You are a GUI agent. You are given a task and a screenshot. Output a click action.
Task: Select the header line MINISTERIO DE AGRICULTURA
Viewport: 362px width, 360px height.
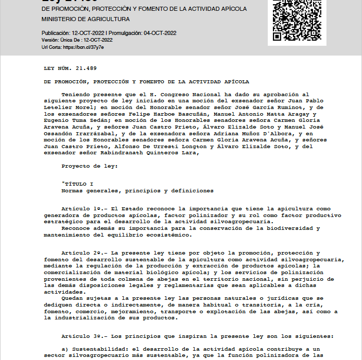[85, 19]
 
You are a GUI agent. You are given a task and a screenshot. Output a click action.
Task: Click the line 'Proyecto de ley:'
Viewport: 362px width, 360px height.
[89, 166]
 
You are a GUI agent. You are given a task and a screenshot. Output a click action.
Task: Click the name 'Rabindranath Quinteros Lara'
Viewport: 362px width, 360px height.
[153, 152]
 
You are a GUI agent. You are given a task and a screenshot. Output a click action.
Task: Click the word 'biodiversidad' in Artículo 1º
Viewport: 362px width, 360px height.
[290, 228]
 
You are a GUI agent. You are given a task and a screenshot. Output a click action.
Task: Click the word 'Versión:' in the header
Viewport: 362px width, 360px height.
[50, 40]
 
